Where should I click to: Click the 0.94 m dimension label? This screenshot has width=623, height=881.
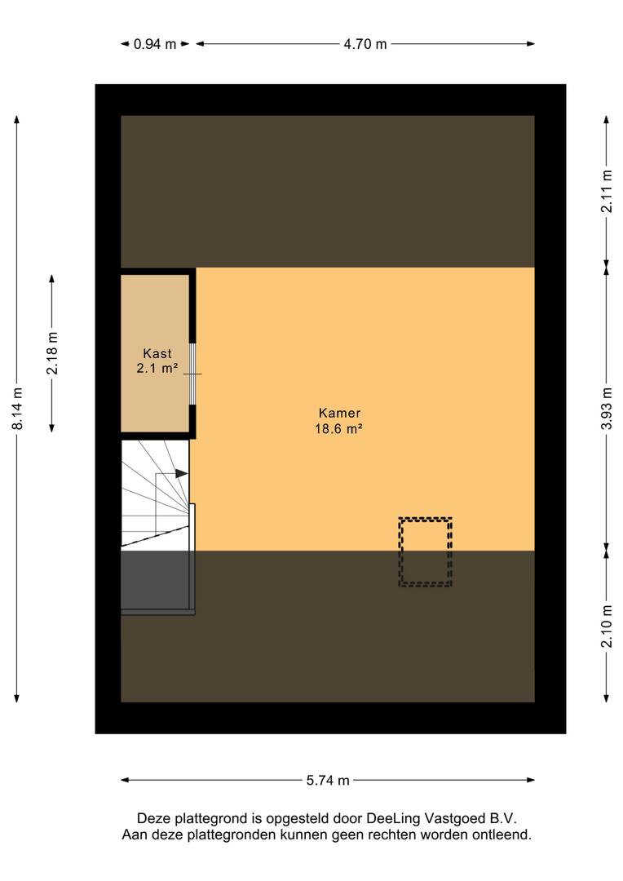(154, 44)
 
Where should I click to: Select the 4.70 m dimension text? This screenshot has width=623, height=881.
(365, 44)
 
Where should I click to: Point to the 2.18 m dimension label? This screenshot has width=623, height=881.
(52, 353)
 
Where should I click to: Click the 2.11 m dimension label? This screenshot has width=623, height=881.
(607, 191)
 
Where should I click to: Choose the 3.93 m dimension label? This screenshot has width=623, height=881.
(607, 409)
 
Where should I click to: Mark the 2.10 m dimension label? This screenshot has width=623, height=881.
(607, 626)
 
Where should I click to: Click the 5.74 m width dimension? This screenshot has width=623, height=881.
(328, 780)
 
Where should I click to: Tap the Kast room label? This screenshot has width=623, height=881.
(157, 353)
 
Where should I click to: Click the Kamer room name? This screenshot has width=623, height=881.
(339, 413)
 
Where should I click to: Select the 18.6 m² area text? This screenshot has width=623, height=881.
(338, 429)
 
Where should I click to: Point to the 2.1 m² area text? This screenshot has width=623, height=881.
(157, 369)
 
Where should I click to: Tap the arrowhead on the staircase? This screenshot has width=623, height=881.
(182, 474)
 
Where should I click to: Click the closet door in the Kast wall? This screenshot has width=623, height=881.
(192, 374)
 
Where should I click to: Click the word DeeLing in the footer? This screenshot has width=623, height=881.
(393, 819)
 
